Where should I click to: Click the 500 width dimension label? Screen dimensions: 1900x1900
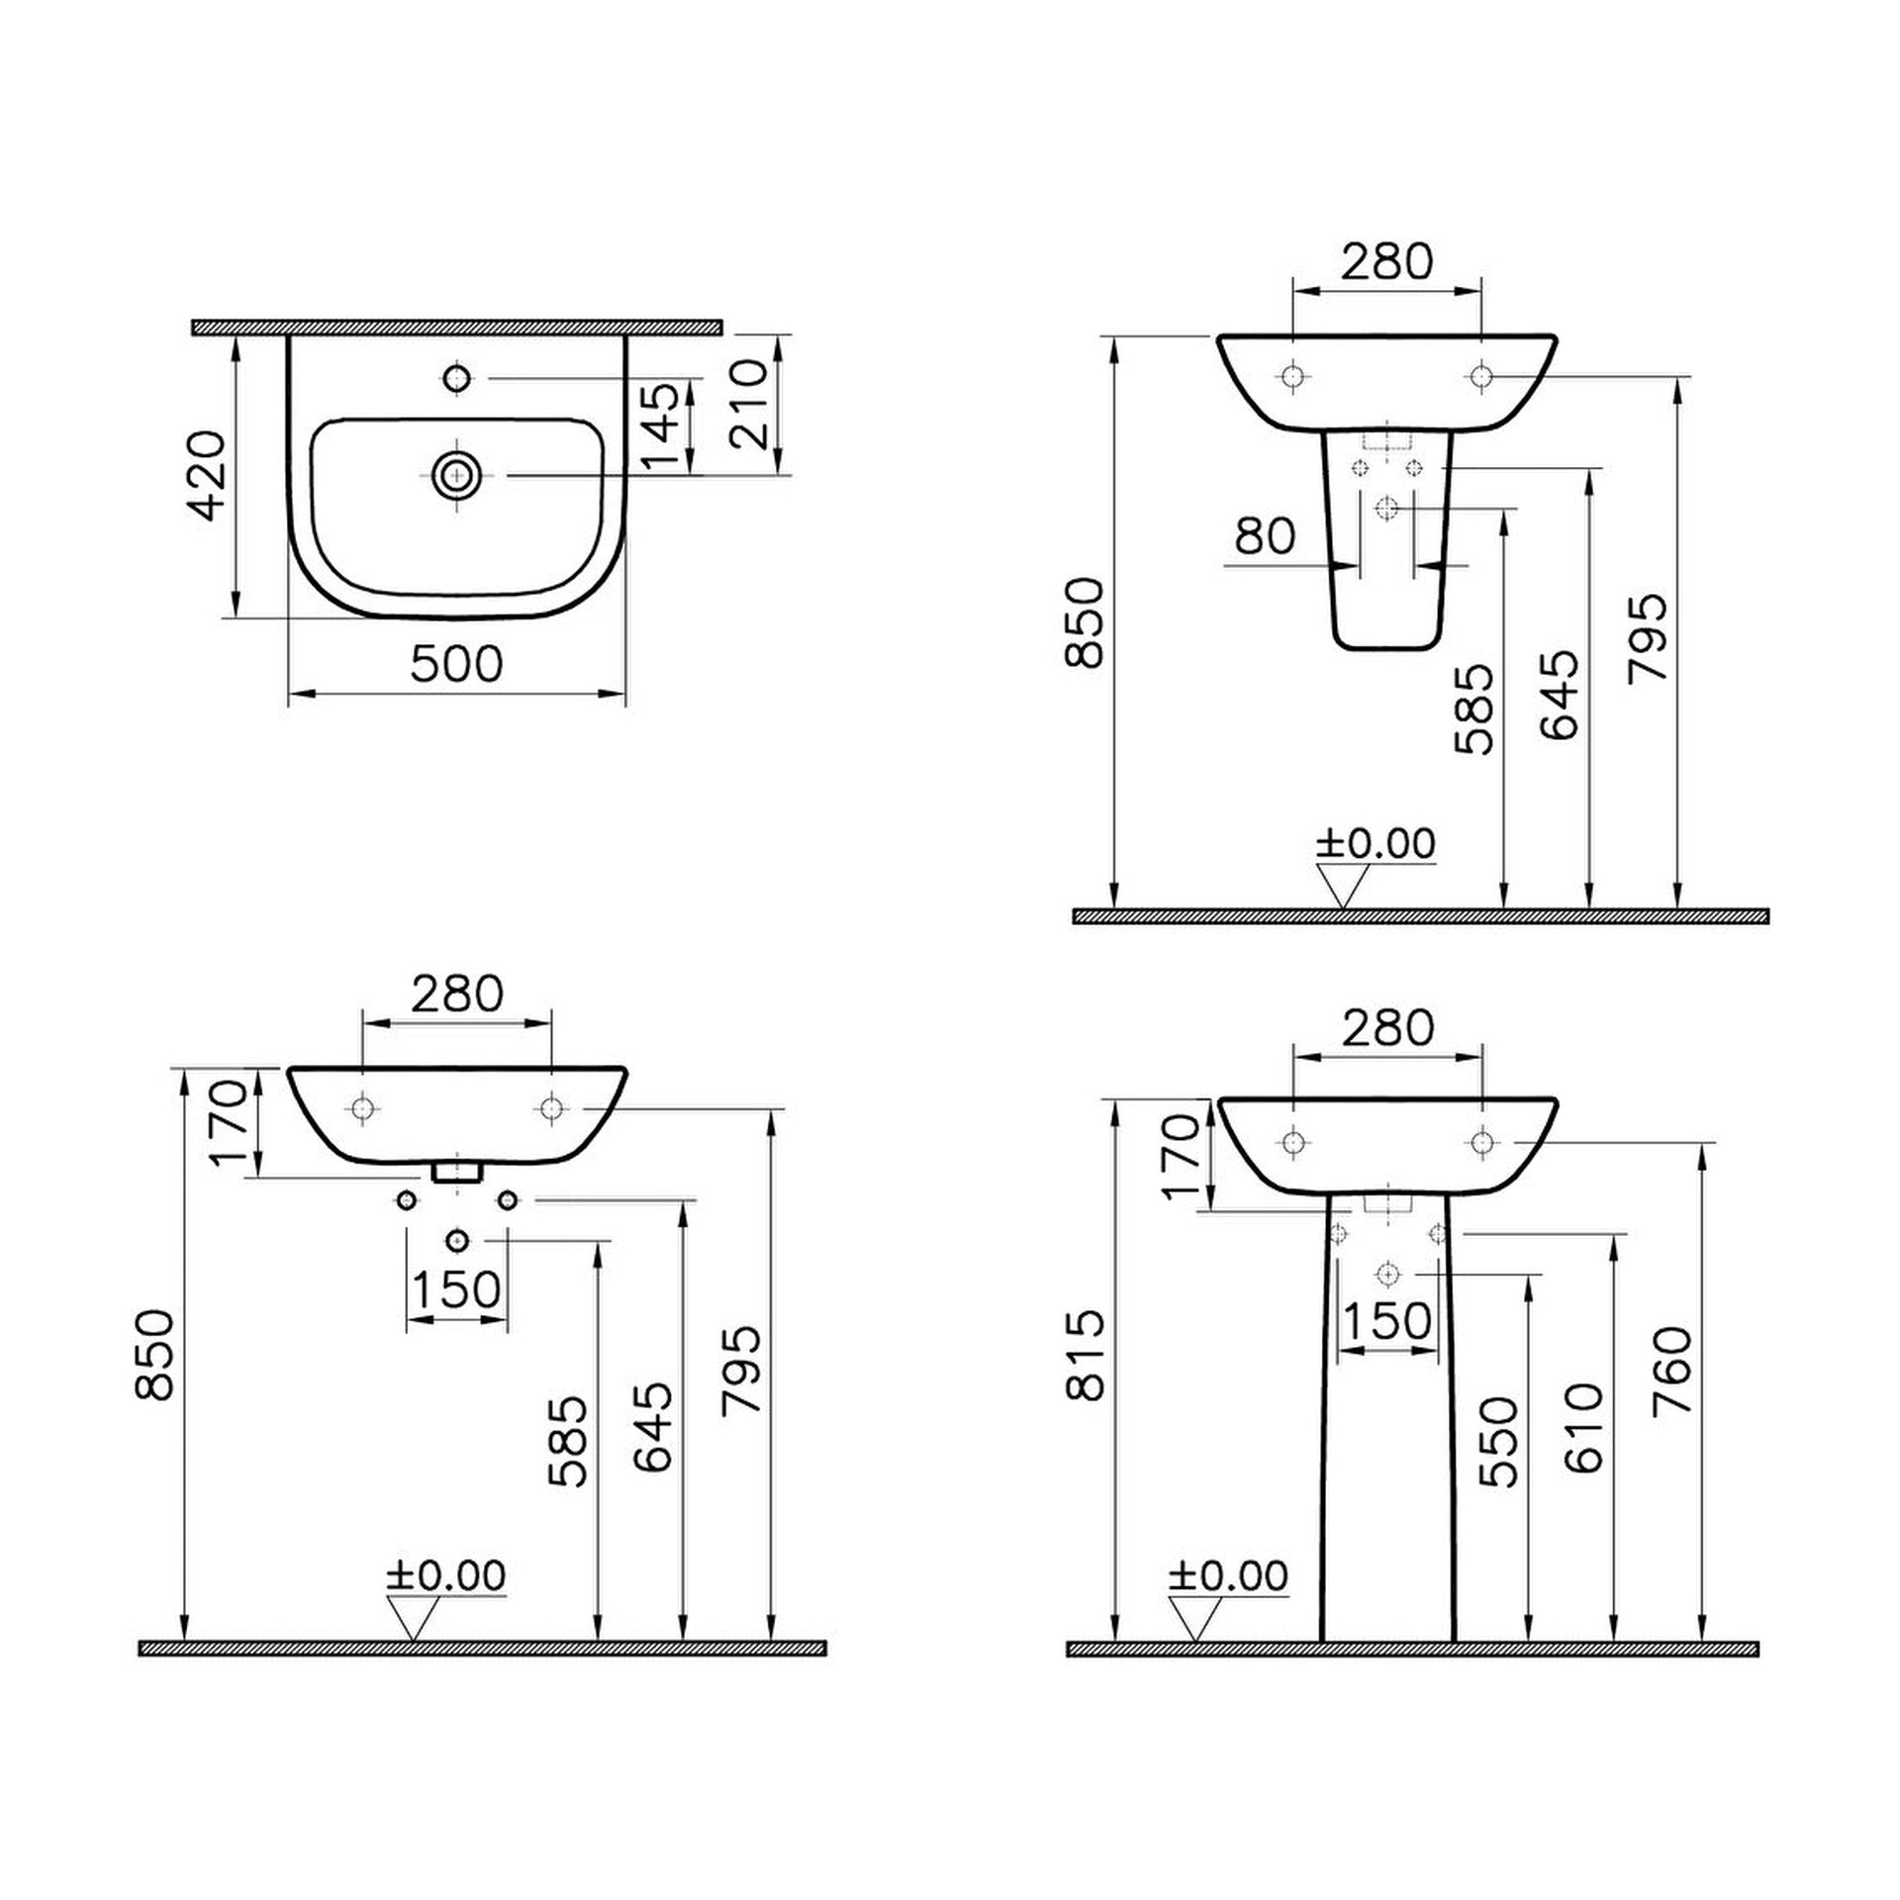pyautogui.click(x=457, y=664)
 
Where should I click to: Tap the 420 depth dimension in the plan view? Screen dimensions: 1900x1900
pyautogui.click(x=208, y=475)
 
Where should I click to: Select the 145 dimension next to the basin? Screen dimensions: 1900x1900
pyautogui.click(x=660, y=427)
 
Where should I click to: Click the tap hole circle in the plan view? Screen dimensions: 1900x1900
pyautogui.click(x=457, y=378)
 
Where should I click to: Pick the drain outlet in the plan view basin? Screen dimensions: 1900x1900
pyautogui.click(x=457, y=476)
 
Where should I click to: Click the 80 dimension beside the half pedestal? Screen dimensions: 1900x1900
pyautogui.click(x=1265, y=535)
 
